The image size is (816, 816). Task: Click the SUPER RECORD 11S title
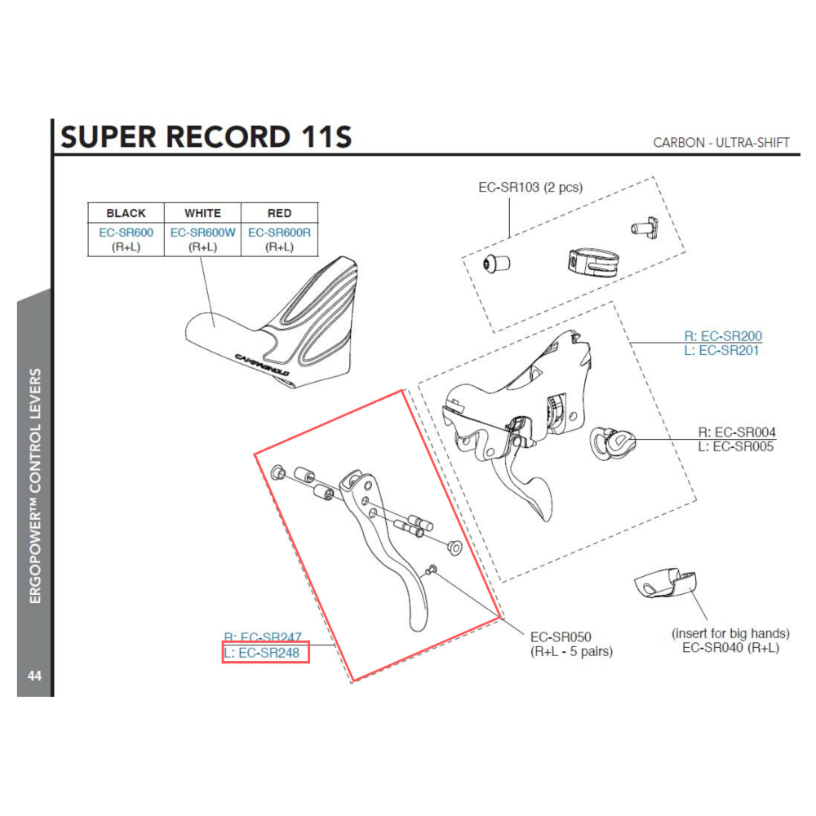(x=206, y=136)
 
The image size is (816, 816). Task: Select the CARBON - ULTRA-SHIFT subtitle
(x=721, y=142)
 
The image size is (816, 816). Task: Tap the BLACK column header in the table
(x=126, y=213)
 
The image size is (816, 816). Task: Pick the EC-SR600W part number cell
(x=202, y=233)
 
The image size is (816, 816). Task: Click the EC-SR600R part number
(x=279, y=233)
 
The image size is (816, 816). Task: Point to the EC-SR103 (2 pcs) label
(x=530, y=187)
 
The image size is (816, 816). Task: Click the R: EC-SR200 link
(x=722, y=335)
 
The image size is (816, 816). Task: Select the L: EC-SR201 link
(x=721, y=350)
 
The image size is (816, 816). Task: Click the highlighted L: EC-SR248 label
(x=265, y=653)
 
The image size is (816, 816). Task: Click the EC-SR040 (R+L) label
(x=730, y=647)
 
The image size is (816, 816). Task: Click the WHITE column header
(x=202, y=213)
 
